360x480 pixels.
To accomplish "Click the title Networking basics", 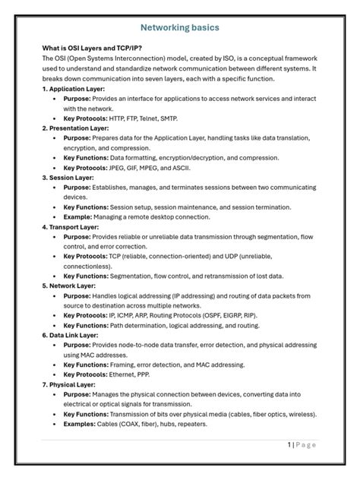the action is [x=180, y=28].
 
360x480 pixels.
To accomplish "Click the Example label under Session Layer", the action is [x=81, y=216].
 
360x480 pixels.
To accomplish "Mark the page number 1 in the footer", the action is [x=289, y=444].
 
